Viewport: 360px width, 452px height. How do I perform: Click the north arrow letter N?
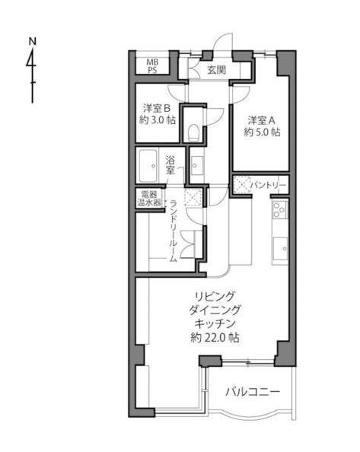tap(33, 42)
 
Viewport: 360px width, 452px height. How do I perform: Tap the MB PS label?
tap(152, 65)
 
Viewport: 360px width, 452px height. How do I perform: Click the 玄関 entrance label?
tap(217, 70)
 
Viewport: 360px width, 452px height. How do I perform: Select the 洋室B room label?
tap(157, 108)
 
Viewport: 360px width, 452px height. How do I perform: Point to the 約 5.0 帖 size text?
tap(262, 132)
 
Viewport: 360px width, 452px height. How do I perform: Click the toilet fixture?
tap(193, 133)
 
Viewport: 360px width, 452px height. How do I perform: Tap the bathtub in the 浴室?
tap(148, 166)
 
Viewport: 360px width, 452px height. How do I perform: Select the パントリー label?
tap(268, 185)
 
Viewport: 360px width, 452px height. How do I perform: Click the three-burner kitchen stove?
tap(280, 209)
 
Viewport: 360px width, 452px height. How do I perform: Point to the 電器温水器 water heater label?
tap(149, 199)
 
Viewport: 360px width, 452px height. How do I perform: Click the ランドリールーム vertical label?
tap(174, 231)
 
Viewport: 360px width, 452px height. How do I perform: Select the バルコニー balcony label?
tap(253, 392)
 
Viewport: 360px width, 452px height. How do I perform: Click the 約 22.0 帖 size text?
tap(215, 338)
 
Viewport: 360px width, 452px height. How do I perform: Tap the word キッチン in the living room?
tap(215, 323)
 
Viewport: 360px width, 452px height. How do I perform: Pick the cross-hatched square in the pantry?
tap(241, 184)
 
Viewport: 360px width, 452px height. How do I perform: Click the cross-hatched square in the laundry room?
tap(193, 197)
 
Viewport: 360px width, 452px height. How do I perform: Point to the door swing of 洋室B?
tap(176, 92)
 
